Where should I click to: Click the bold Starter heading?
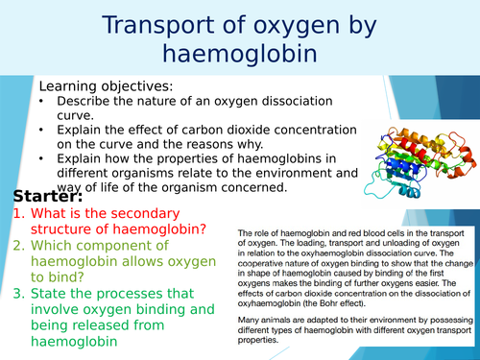pos(48,196)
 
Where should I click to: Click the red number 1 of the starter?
pos(18,215)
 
